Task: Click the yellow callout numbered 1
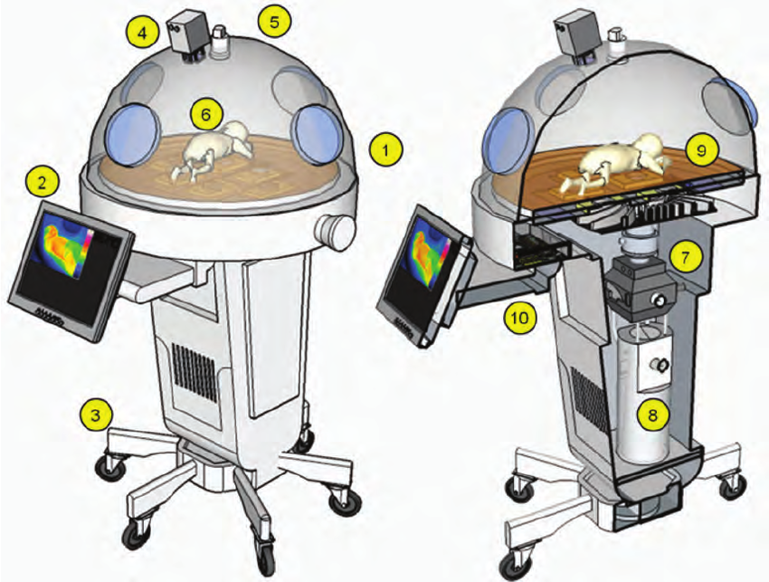coord(387,148)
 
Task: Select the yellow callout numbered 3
coord(96,415)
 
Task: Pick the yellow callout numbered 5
coord(274,22)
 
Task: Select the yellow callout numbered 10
coord(521,316)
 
